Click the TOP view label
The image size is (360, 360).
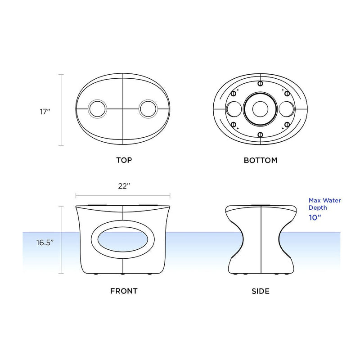pyautogui.click(x=124, y=160)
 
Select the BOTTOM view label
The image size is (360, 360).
pyautogui.click(x=261, y=160)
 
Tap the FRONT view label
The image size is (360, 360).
pyautogui.click(x=124, y=291)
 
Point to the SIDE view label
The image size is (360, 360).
pyautogui.click(x=261, y=291)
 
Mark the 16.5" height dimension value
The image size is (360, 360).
pyautogui.click(x=45, y=242)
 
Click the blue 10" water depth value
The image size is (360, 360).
pyautogui.click(x=315, y=217)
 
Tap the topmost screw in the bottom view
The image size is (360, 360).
pyautogui.click(x=260, y=83)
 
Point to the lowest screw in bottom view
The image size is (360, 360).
pyautogui.click(x=260, y=135)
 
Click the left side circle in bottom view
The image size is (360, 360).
pyautogui.click(x=233, y=109)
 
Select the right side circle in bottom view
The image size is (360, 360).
pyautogui.click(x=287, y=109)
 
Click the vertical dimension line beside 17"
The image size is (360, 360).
pyautogui.click(x=62, y=110)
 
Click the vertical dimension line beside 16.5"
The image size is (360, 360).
pyautogui.click(x=62, y=240)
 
